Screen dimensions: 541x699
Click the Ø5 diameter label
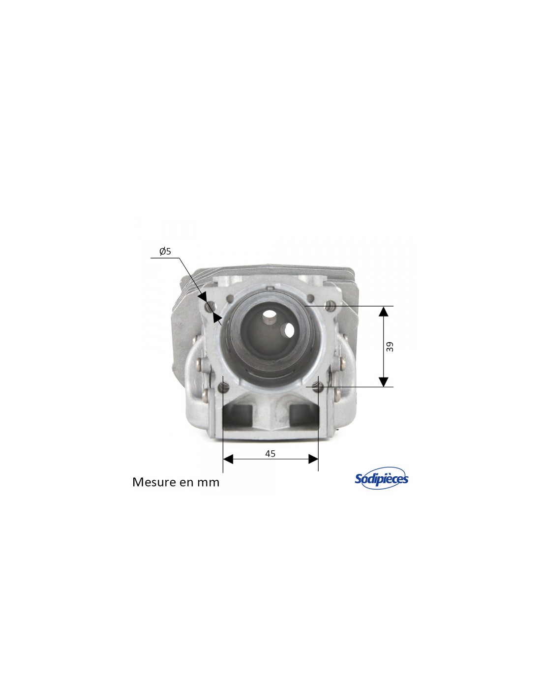point(165,251)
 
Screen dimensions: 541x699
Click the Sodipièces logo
point(381,478)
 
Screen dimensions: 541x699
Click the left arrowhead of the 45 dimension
point(228,459)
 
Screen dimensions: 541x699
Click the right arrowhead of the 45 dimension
point(313,459)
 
